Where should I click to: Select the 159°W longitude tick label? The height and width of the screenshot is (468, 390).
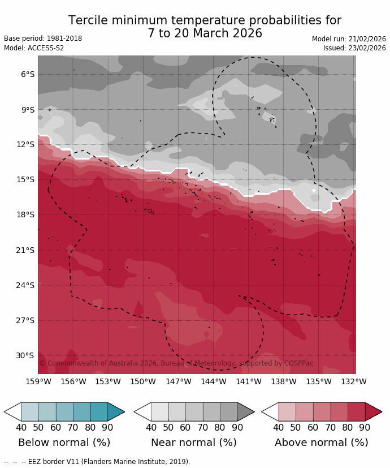[38, 382]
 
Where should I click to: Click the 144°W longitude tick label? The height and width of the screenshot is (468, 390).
[214, 382]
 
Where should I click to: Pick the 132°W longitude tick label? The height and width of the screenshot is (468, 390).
[354, 382]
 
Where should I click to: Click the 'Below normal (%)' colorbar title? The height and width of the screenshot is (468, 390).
[64, 443]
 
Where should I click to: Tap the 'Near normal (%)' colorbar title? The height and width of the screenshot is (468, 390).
[194, 443]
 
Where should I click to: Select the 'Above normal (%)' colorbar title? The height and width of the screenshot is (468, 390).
[321, 443]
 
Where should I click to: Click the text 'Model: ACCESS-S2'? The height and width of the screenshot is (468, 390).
[34, 48]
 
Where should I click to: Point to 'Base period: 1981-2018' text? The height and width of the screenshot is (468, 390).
[43, 38]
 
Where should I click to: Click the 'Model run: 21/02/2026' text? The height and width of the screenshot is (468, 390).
[349, 39]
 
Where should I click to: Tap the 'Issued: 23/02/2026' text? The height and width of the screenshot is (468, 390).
[354, 48]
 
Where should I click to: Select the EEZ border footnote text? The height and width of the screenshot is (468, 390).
[97, 462]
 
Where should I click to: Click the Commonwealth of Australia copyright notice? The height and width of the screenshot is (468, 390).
[176, 363]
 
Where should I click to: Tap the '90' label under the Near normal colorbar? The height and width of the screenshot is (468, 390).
[237, 428]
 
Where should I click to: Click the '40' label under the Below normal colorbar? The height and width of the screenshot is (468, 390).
[21, 428]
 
